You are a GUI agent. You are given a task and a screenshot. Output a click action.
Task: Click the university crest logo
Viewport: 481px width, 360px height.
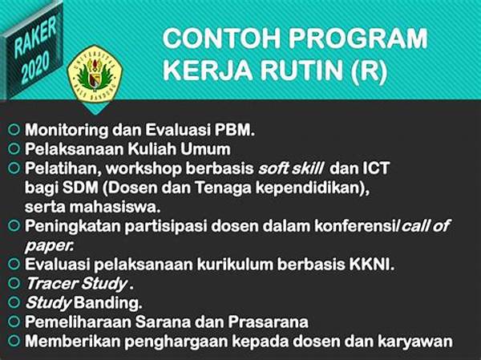pos(95,74)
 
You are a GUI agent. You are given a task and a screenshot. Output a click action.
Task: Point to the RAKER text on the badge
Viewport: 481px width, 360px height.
pos(35,37)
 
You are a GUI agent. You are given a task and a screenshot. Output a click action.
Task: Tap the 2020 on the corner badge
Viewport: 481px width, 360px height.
pos(35,68)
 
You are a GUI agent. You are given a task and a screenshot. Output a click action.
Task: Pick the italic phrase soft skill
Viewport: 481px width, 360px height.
pos(290,168)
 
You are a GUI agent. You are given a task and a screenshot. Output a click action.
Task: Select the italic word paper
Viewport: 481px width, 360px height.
pos(49,246)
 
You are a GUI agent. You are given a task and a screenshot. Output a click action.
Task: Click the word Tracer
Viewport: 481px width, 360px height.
pos(51,284)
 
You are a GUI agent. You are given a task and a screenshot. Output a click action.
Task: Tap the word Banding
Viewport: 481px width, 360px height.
pos(107,303)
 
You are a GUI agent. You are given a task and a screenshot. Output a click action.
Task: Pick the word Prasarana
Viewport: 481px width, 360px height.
pos(268,322)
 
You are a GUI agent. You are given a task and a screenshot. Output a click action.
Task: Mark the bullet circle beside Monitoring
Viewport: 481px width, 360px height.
pos(14,130)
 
